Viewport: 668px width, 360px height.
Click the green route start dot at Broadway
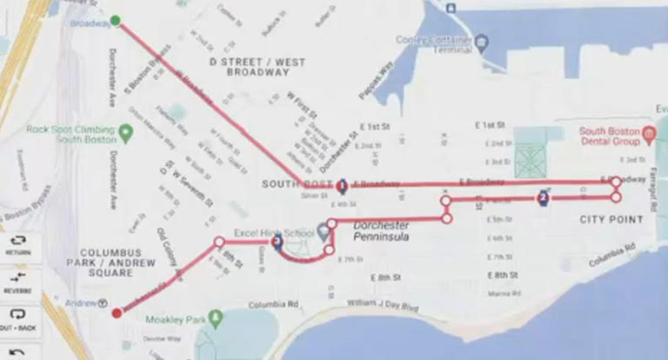(x=117, y=20)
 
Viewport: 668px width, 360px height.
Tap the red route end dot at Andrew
(x=117, y=313)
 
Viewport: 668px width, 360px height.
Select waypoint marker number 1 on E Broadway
(x=342, y=185)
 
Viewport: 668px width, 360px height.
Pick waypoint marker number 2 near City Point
(x=544, y=197)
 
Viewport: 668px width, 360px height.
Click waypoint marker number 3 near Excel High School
(x=277, y=243)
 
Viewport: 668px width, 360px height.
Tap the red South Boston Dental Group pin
(x=648, y=135)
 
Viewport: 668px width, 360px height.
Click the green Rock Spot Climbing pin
(x=126, y=134)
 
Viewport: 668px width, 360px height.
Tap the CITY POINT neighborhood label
(x=611, y=219)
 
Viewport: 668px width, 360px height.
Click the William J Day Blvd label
(x=382, y=306)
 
